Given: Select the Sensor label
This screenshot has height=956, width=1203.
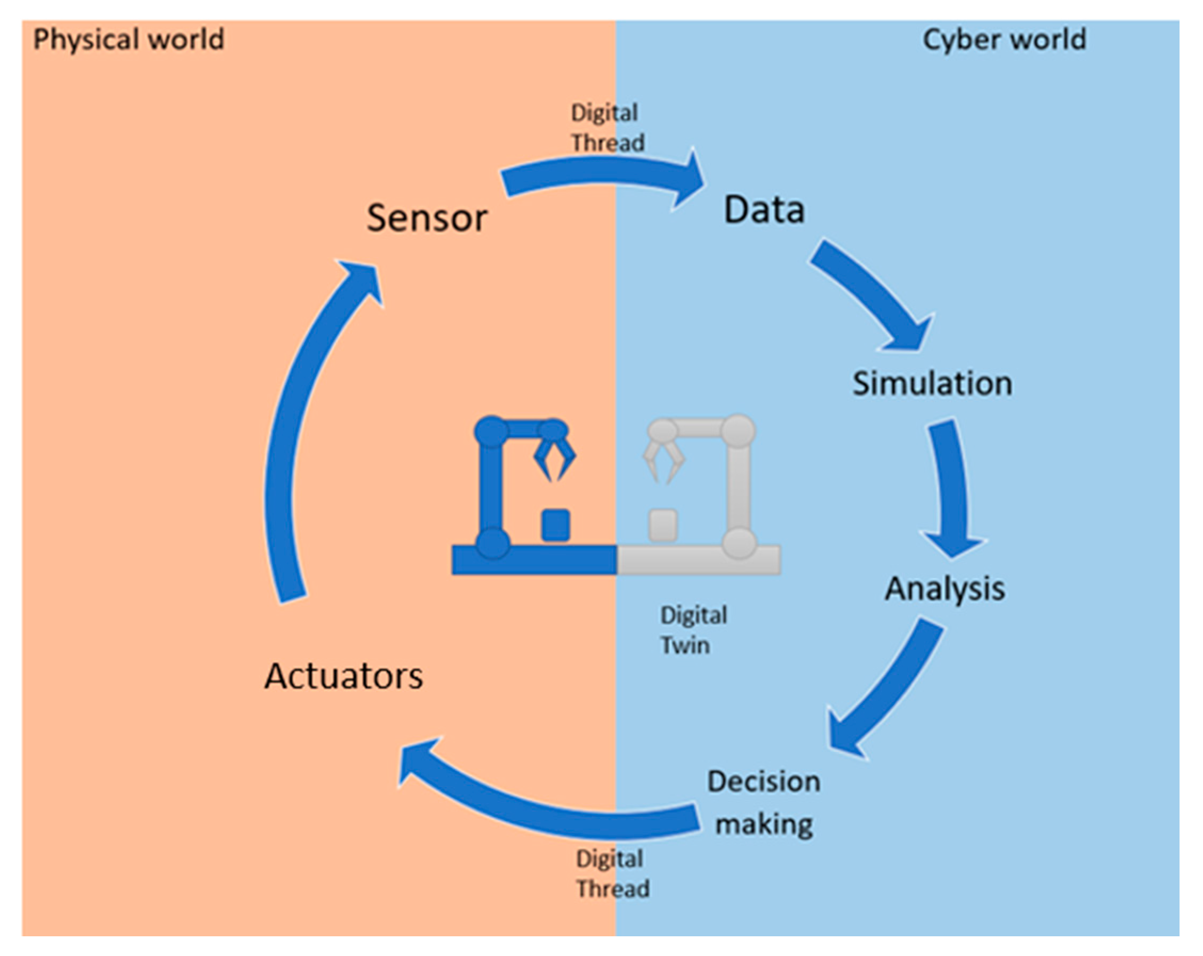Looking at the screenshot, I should coord(427,218).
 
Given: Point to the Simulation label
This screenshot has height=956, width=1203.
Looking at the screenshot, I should coord(932,384).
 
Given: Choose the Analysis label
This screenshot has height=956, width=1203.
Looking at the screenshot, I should coord(945,589).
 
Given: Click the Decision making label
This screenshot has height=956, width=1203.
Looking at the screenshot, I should coord(764,803).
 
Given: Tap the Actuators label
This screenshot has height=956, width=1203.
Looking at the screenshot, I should coord(344,677).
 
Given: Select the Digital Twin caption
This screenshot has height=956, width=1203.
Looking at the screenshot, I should coord(693,630).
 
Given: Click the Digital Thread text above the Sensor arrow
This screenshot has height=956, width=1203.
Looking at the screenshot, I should coord(607,128).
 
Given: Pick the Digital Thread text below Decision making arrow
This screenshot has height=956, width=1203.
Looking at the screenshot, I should coord(612,873).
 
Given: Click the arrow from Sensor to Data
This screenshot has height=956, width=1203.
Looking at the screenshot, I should coord(603,173).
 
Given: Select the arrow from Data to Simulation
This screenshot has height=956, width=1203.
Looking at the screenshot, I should coord(876,296).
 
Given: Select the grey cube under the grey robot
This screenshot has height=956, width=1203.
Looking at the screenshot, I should coord(663,525).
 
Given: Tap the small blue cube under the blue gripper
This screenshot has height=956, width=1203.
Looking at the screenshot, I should coord(556,525).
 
